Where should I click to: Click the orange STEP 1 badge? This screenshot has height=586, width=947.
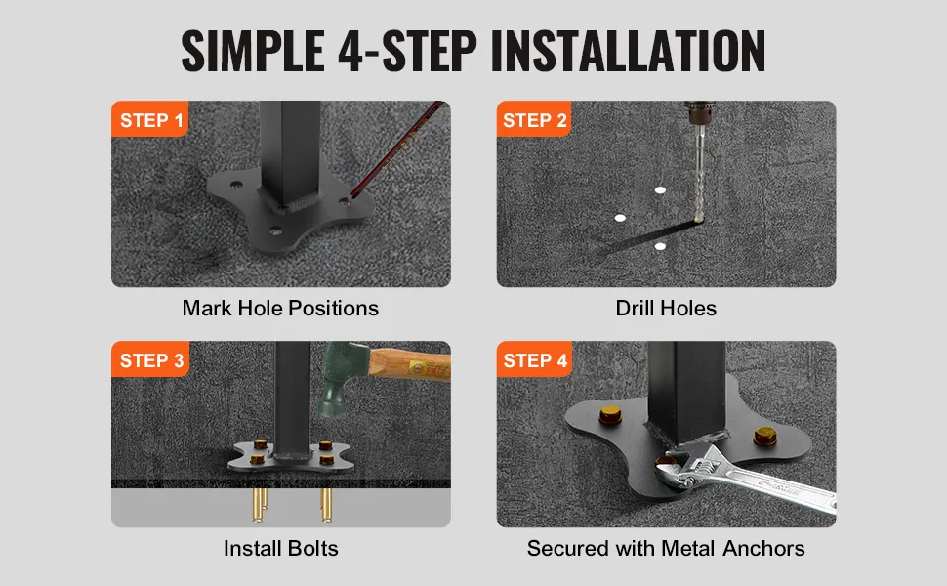coord(149,119)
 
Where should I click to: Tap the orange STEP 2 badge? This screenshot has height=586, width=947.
coord(534,119)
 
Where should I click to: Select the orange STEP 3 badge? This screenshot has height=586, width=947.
coord(150,359)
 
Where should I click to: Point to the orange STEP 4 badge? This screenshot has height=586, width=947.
coord(534,359)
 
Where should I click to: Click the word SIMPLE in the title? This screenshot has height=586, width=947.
coord(253,50)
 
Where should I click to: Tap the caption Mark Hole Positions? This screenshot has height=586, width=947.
coord(280,308)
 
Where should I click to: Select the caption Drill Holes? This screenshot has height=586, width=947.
coord(666,308)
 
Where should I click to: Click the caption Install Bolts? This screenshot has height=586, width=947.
coord(280,548)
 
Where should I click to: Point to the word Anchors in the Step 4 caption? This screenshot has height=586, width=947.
coord(763,548)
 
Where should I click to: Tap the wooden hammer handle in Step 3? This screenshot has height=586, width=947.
coord(410,365)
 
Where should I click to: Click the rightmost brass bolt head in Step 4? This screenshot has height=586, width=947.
coord(765,436)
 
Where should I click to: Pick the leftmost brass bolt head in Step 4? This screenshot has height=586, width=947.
coord(610,415)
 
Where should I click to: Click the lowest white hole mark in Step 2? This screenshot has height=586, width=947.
coord(660,246)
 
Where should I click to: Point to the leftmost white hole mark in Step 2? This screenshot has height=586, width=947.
coord(620,218)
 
